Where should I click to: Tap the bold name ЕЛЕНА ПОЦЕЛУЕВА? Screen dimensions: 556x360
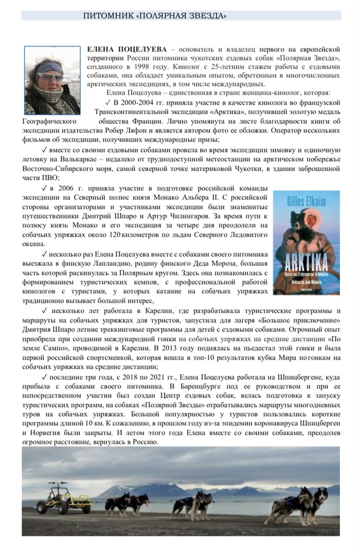127,49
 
